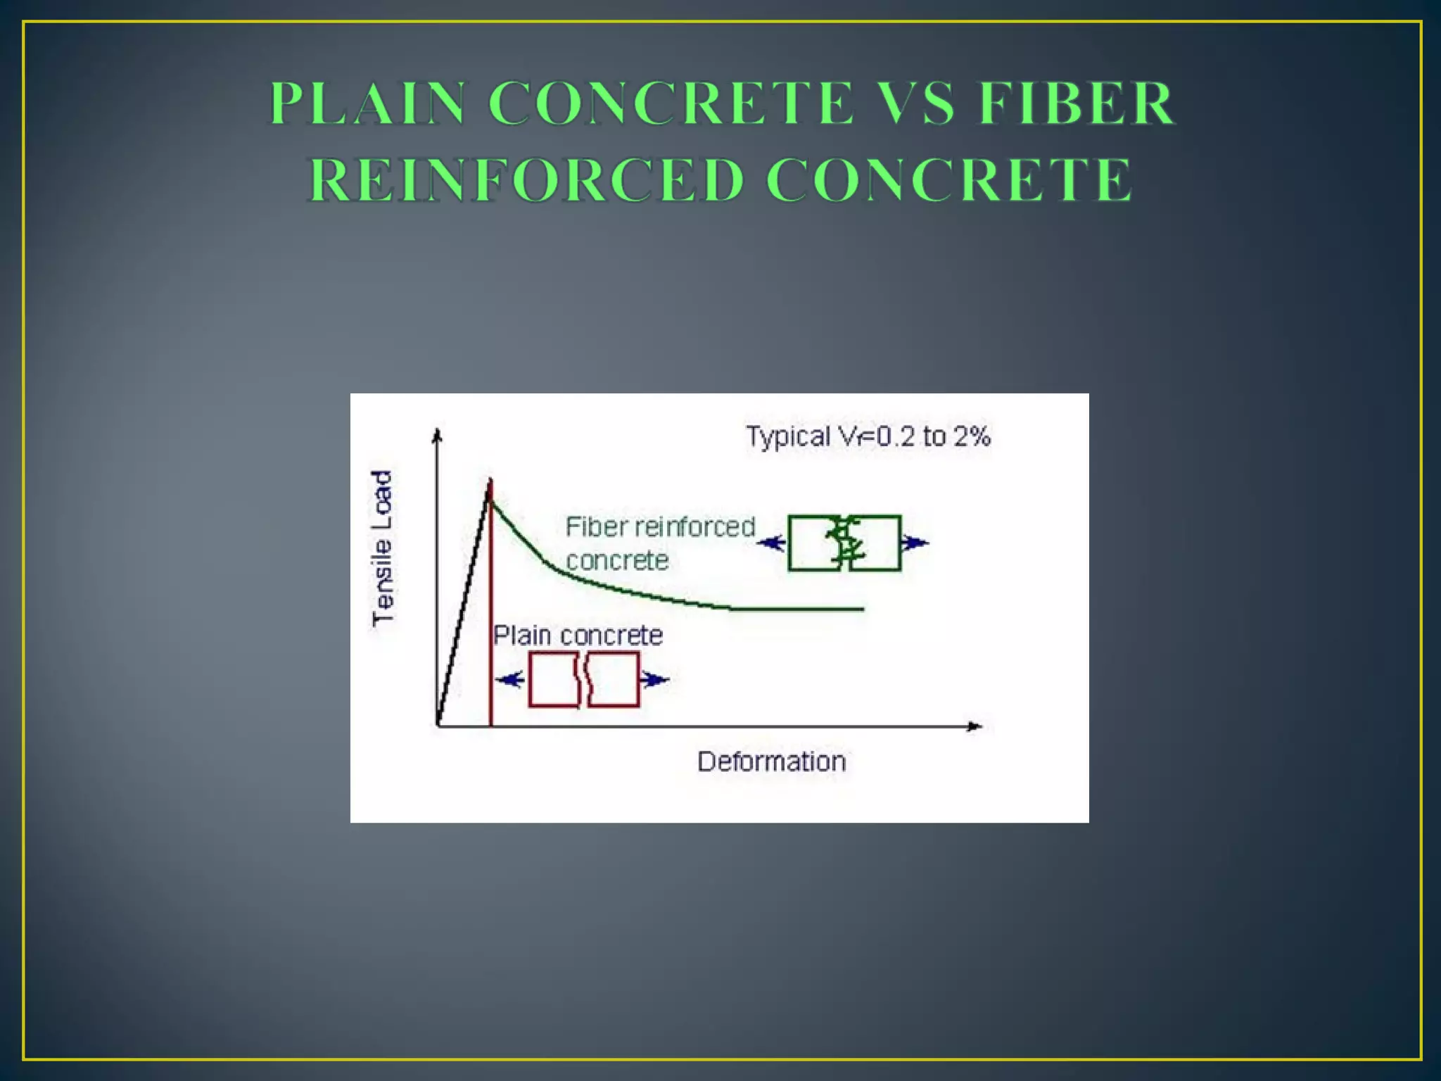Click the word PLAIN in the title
367,103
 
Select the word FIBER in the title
1077,103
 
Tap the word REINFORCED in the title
526,180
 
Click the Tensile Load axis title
382,548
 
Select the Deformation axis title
771,761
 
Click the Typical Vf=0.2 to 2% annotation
868,436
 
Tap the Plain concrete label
578,636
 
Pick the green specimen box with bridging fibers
844,543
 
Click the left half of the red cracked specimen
554,679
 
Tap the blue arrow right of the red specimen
654,680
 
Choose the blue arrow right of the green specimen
915,543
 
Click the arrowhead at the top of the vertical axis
438,434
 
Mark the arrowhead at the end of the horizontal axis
975,726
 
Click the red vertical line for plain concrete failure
490,633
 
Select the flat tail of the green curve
795,609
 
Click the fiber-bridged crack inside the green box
844,543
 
